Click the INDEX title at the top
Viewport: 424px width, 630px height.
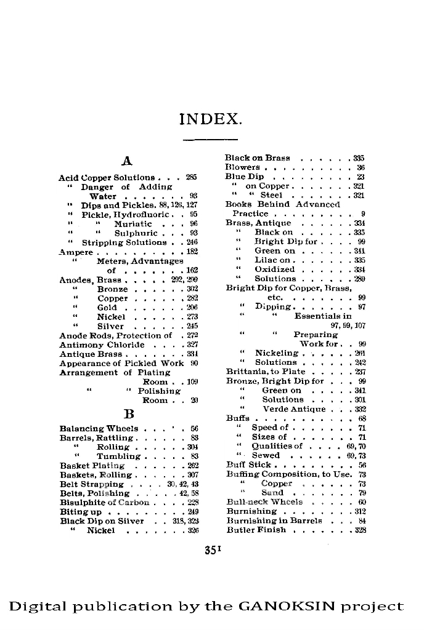tap(211, 119)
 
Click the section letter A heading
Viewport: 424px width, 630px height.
tap(128, 162)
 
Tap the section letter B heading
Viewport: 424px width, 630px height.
tap(129, 413)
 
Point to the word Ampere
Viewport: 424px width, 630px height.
tap(76, 252)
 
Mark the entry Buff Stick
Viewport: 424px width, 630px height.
tap(249, 465)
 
